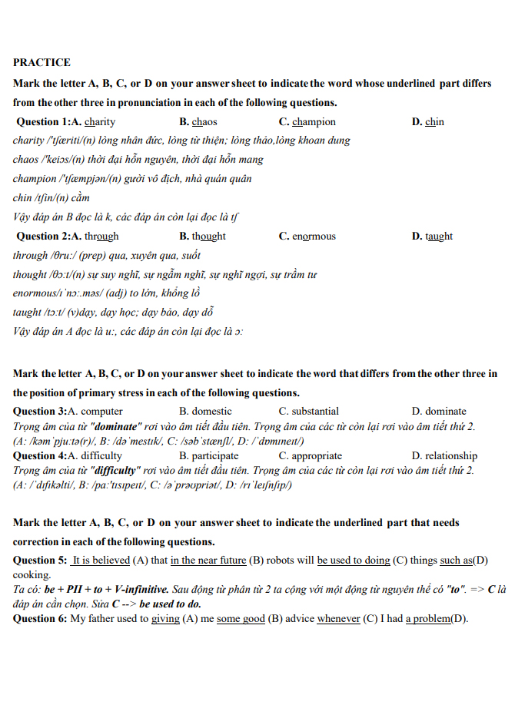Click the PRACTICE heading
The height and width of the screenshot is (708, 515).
(x=42, y=62)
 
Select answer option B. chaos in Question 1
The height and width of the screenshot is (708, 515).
(x=198, y=121)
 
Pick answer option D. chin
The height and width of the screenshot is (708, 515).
(x=428, y=121)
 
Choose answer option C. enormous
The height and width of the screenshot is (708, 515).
(x=307, y=236)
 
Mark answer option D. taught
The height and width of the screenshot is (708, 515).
(x=432, y=236)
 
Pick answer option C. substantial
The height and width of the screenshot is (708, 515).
(x=309, y=411)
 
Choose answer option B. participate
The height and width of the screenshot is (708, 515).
(x=209, y=455)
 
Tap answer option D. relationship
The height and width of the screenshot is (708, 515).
(x=444, y=455)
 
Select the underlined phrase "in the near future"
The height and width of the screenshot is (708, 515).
(x=208, y=560)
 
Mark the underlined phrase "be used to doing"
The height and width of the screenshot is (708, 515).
(x=354, y=560)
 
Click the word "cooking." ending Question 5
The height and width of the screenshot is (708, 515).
(x=32, y=574)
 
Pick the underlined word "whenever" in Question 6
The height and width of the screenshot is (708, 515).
(x=338, y=618)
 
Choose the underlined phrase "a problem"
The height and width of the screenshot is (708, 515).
(x=428, y=618)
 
